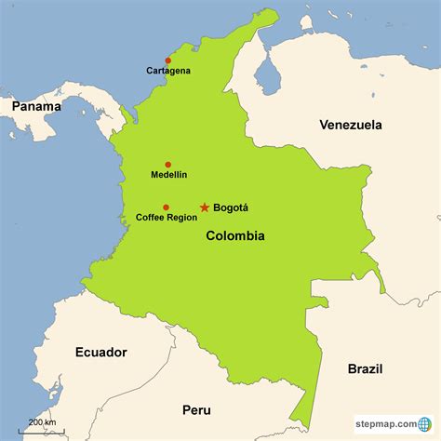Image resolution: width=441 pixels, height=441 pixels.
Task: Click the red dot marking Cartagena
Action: tap(168, 60)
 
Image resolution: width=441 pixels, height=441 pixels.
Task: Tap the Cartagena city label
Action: tap(168, 71)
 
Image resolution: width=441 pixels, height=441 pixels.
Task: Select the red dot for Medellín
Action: tap(168, 164)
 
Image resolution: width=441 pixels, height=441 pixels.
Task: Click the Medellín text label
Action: tap(168, 175)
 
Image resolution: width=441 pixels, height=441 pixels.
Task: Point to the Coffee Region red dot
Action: tap(166, 207)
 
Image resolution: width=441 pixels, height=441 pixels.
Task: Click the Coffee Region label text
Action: tap(166, 218)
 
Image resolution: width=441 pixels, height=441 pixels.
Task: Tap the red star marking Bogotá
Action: tap(204, 207)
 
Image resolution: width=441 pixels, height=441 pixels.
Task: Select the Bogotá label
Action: tap(231, 207)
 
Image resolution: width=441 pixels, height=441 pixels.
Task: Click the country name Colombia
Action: tap(234, 236)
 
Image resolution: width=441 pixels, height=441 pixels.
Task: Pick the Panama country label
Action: tap(35, 106)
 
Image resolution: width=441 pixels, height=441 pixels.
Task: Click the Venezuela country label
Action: tap(353, 125)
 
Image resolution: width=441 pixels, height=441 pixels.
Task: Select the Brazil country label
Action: tap(366, 368)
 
